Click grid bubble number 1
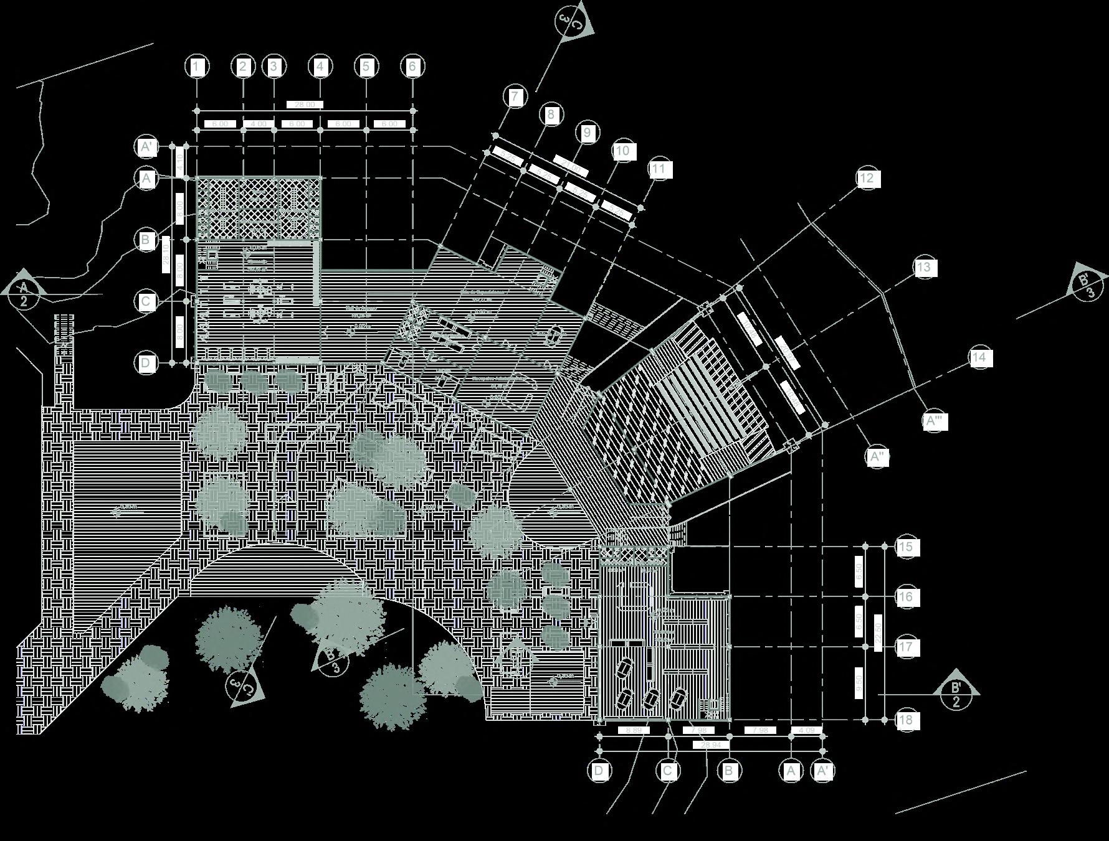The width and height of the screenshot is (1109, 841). tap(197, 67)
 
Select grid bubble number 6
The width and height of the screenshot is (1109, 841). tap(412, 67)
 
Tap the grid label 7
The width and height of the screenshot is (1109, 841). tap(515, 97)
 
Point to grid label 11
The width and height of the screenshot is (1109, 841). tap(659, 169)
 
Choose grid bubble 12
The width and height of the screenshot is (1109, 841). tap(867, 179)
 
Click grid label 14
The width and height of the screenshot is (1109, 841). tap(979, 357)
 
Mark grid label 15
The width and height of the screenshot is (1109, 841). tap(906, 547)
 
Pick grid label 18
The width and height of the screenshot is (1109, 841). tap(906, 720)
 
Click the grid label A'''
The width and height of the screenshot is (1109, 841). tap(934, 421)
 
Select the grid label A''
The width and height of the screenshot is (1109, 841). tap(877, 457)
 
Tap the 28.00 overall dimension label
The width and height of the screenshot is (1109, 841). tap(305, 105)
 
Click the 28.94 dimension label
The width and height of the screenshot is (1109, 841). tap(711, 745)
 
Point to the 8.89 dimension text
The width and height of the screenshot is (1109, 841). tap(633, 730)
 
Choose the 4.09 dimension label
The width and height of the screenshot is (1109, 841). tap(806, 730)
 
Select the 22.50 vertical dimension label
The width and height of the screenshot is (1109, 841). tap(878, 632)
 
